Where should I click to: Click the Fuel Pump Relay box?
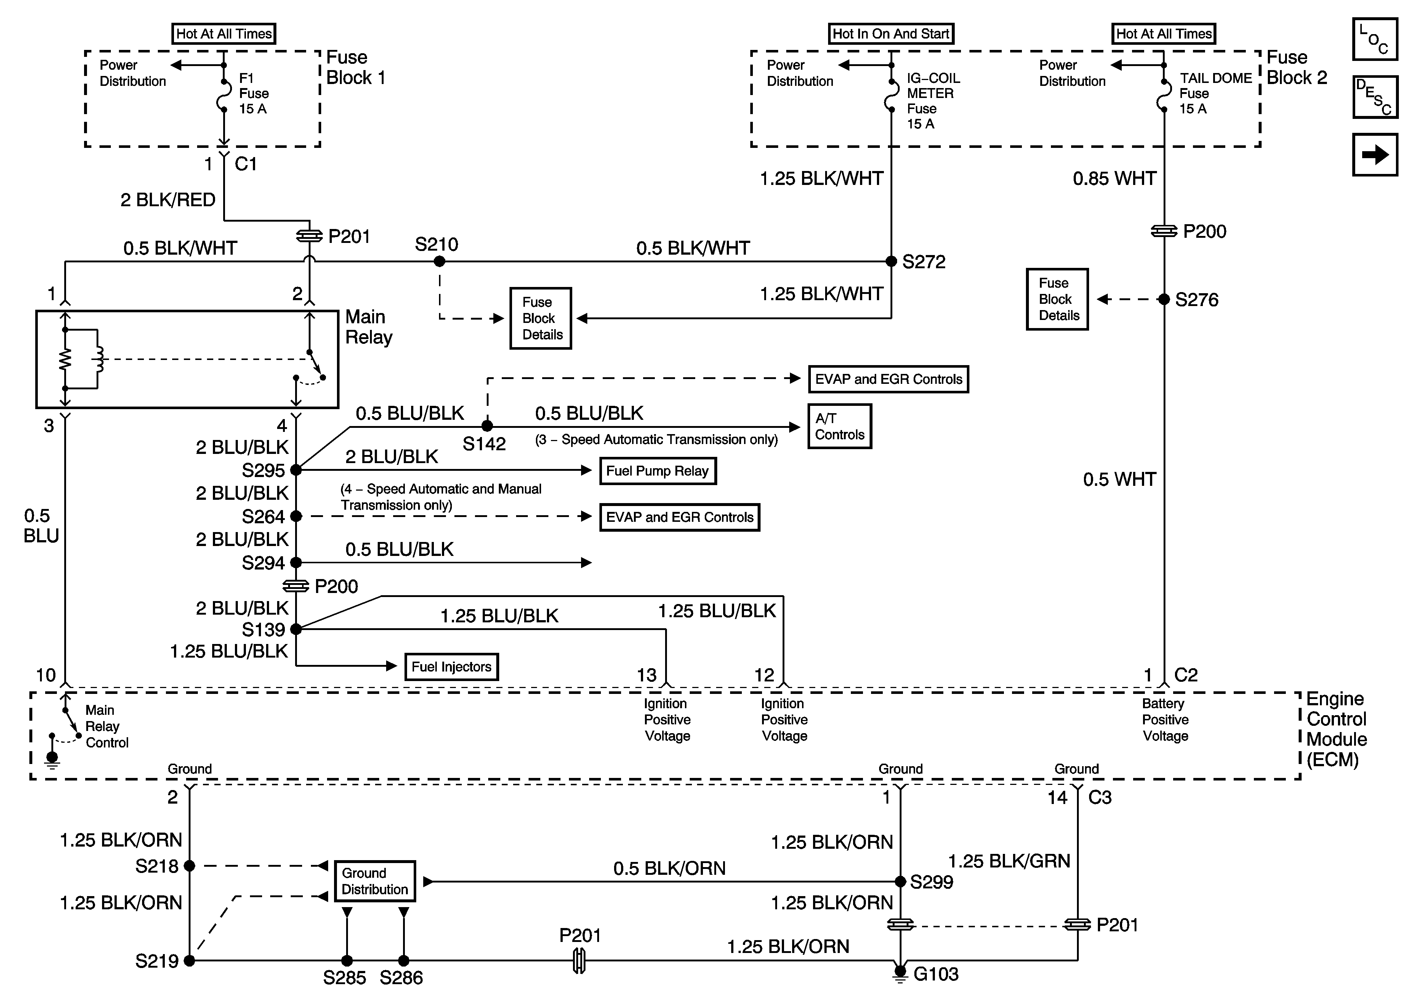(x=657, y=471)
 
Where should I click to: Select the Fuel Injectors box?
(x=451, y=667)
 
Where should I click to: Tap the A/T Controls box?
(x=839, y=426)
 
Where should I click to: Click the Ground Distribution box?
(x=375, y=881)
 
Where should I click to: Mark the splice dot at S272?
(x=891, y=261)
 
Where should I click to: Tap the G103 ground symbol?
(x=900, y=974)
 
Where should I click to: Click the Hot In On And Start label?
(x=890, y=34)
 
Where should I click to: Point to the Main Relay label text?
(x=369, y=327)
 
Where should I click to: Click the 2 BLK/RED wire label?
(x=168, y=200)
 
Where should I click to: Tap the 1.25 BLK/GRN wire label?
(x=1009, y=861)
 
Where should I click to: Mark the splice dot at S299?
(x=900, y=881)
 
